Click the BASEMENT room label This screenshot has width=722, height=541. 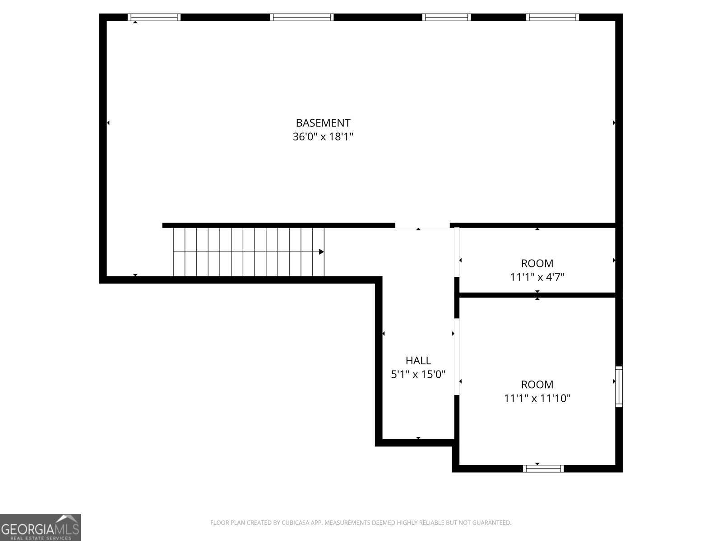[x=323, y=123]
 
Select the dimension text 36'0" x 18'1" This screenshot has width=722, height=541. [x=323, y=137]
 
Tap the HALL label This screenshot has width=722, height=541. [x=418, y=360]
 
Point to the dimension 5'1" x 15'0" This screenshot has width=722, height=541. [x=418, y=374]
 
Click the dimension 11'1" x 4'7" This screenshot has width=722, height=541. [x=537, y=277]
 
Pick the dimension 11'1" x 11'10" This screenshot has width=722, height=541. [x=537, y=398]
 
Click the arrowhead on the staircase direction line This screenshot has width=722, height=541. [x=321, y=252]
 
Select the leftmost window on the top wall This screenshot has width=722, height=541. [x=154, y=17]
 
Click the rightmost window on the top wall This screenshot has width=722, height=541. [x=552, y=17]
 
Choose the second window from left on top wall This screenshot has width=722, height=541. [x=302, y=17]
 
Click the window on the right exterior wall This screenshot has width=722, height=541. [x=619, y=387]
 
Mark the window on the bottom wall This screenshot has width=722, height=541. [x=543, y=468]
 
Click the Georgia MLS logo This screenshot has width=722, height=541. [x=41, y=527]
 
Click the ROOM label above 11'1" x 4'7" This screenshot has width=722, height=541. [x=537, y=263]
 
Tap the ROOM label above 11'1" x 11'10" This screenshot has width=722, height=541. [x=537, y=384]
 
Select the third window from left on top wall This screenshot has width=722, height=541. [x=447, y=17]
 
